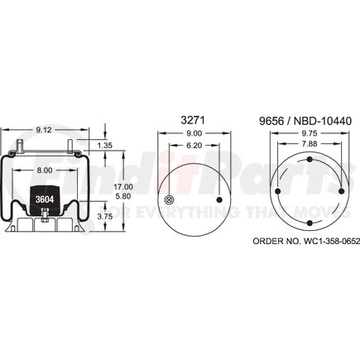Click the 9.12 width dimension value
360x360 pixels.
click(44, 129)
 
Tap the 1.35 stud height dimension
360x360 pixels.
click(105, 146)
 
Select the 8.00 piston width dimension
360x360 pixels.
click(45, 170)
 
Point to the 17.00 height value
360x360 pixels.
click(123, 187)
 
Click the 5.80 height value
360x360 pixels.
click(123, 196)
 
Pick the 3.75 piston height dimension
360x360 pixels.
click(105, 217)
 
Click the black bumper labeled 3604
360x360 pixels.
click(45, 200)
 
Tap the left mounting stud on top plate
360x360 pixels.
click(20, 146)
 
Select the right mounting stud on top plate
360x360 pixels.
click(70, 146)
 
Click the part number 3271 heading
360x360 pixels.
click(193, 120)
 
